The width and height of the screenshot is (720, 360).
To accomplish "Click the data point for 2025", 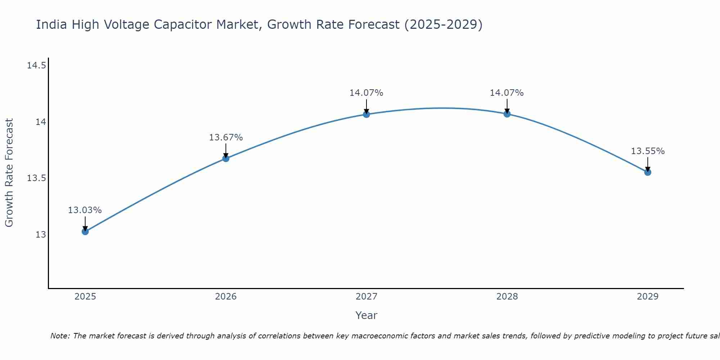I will tap(85, 231).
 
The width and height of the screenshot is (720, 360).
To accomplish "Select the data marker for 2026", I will tap(226, 158).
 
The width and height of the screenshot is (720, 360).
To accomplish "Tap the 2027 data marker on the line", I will tap(366, 114).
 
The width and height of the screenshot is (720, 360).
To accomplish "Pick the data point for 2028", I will tap(507, 114).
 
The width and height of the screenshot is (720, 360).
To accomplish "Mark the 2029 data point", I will tap(648, 172).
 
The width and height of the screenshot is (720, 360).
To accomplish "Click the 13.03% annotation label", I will tap(85, 210).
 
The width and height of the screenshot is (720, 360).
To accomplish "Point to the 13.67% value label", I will tap(226, 138).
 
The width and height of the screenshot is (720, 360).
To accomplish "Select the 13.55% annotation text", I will tap(648, 151).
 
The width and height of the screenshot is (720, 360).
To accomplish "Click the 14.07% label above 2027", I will tap(366, 93).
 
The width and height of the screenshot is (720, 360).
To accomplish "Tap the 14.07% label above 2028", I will tap(507, 93).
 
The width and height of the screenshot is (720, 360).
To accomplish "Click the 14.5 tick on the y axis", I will tap(36, 66).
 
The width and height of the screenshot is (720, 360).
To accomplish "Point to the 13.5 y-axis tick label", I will tap(36, 178).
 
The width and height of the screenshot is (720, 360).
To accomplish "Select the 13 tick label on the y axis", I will tap(41, 235).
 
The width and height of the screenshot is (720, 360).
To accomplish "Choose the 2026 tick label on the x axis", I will tap(226, 297).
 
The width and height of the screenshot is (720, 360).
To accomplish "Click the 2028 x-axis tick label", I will tap(507, 297).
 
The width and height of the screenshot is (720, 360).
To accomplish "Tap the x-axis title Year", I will tap(366, 315).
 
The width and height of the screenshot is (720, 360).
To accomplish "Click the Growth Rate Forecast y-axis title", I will tap(9, 173).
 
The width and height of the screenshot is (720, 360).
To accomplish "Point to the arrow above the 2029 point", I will tap(648, 164).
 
